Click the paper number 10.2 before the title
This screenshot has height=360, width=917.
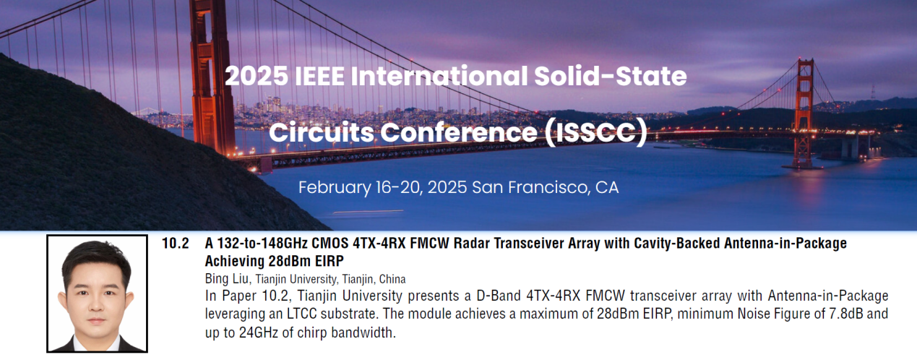pyautogui.click(x=175, y=244)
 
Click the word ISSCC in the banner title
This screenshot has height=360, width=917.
pyautogui.click(x=595, y=133)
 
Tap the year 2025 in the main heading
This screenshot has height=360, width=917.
pyautogui.click(x=257, y=76)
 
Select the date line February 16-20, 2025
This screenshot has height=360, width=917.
pyautogui.click(x=383, y=187)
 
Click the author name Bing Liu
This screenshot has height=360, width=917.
pyautogui.click(x=226, y=278)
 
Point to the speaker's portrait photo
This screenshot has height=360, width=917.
pyautogui.click(x=97, y=293)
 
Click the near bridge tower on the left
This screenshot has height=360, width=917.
pyautogui.click(x=212, y=78)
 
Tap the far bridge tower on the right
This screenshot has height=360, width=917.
pyautogui.click(x=804, y=113)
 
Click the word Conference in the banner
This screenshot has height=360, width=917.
pyautogui.click(x=458, y=133)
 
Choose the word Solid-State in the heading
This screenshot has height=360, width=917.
pyautogui.click(x=610, y=76)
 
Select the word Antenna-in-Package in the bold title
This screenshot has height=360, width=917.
pyautogui.click(x=785, y=244)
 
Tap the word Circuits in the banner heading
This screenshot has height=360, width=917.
pyautogui.click(x=322, y=133)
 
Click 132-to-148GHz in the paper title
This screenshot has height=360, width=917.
pyautogui.click(x=257, y=244)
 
